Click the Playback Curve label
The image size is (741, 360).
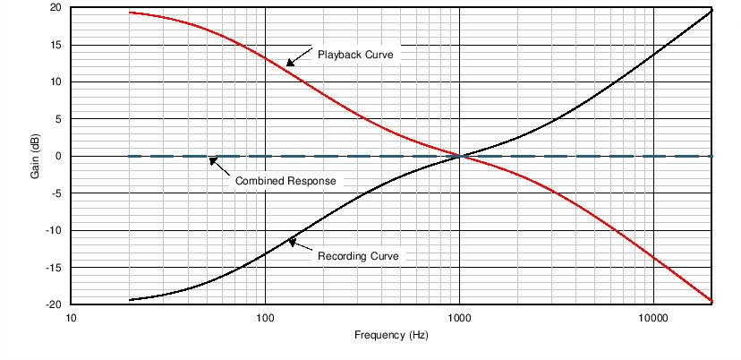click(x=355, y=55)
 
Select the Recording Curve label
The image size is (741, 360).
click(x=358, y=256)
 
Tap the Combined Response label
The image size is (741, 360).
click(x=285, y=181)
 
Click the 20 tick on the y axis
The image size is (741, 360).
click(x=55, y=7)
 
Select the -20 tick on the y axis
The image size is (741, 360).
click(x=54, y=304)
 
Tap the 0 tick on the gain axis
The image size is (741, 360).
click(x=58, y=156)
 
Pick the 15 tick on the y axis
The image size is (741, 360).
click(x=55, y=45)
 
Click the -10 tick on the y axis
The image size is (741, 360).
click(x=54, y=230)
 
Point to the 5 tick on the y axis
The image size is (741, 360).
click(x=58, y=119)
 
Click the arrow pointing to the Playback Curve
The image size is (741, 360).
click(x=299, y=57)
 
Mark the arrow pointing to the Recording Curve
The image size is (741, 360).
click(x=299, y=245)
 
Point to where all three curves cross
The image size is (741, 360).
click(x=459, y=156)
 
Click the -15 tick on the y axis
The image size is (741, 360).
click(x=54, y=267)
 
